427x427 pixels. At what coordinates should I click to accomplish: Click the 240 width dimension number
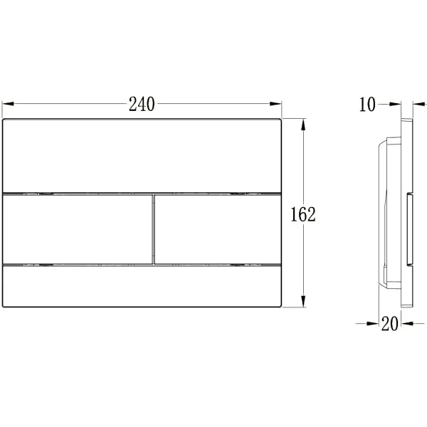(142, 104)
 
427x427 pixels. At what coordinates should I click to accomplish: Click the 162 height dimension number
(303, 214)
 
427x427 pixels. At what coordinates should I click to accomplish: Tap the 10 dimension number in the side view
(367, 105)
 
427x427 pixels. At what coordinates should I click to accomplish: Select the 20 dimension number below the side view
(390, 324)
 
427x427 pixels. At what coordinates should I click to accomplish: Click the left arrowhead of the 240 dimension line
(8, 104)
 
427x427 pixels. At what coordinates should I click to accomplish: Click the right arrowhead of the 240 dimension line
(275, 104)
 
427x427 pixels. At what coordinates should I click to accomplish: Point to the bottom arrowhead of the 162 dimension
(303, 301)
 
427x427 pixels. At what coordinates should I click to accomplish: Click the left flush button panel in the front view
(77, 229)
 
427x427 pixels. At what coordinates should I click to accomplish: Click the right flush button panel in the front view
(218, 229)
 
